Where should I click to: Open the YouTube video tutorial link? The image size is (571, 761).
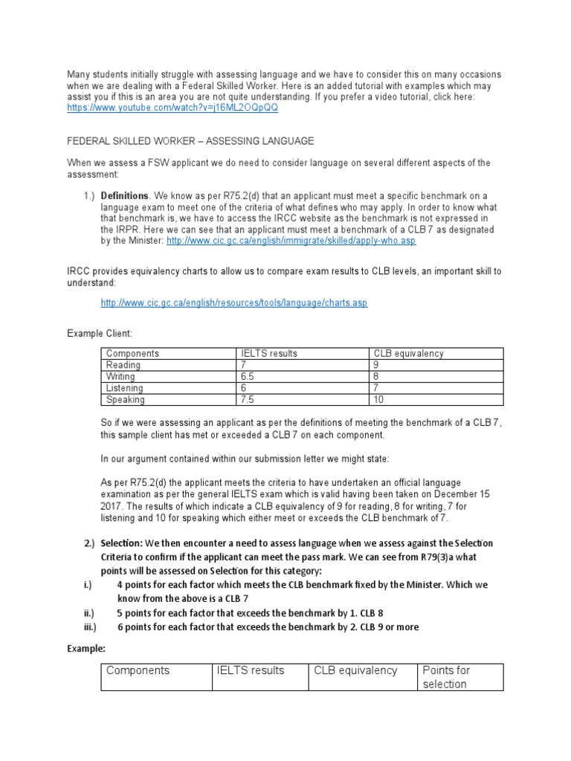click(172, 108)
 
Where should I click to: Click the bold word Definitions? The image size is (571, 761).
click(125, 195)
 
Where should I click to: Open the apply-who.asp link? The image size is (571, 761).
click(291, 241)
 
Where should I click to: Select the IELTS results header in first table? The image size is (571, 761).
click(269, 354)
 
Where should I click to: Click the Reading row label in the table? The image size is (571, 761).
click(123, 365)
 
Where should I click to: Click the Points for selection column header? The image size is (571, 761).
click(447, 677)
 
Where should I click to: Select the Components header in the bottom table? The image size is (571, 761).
click(138, 670)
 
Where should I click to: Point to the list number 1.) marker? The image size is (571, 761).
click(91, 195)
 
